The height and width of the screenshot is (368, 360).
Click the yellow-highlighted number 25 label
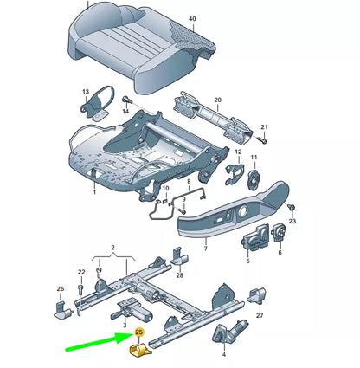point(138,331)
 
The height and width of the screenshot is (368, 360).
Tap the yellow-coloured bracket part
point(138,350)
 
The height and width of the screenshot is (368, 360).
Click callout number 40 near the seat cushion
point(192,19)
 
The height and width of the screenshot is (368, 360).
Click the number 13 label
point(85,90)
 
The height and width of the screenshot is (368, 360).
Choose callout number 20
point(217,100)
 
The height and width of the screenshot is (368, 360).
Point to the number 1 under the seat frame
point(94,192)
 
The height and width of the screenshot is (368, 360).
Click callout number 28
point(179,275)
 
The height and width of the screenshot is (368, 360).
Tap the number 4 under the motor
point(223,355)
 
